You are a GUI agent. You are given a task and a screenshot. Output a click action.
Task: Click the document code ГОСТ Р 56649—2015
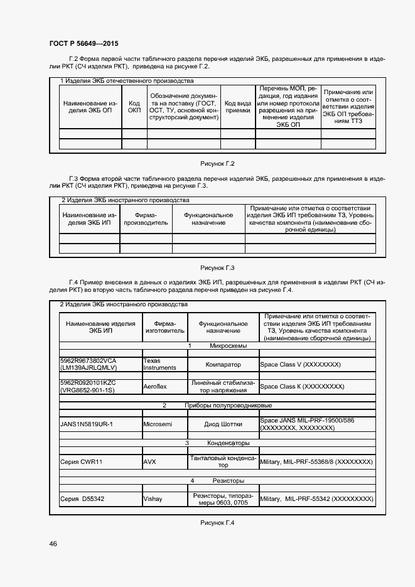84,43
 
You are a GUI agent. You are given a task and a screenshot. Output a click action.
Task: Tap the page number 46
53,544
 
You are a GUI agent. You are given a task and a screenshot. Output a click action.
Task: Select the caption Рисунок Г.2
217,164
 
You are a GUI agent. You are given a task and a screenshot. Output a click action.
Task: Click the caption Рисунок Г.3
217,267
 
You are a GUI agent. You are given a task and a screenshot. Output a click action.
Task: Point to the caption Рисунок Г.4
217,523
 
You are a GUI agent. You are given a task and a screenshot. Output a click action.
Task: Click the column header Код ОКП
134,107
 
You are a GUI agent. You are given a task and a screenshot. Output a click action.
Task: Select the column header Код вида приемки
238,107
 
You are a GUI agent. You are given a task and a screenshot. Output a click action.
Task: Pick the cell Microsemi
158,424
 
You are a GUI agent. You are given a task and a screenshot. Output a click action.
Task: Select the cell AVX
150,462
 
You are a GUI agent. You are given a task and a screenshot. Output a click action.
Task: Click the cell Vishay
153,499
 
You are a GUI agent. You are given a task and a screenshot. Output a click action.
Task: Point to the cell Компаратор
223,365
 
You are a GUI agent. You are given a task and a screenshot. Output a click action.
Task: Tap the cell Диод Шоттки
223,424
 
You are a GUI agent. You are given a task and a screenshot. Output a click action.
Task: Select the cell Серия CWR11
82,462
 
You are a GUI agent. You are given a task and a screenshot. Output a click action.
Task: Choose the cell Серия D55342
83,499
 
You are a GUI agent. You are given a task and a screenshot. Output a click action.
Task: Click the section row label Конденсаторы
224,443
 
